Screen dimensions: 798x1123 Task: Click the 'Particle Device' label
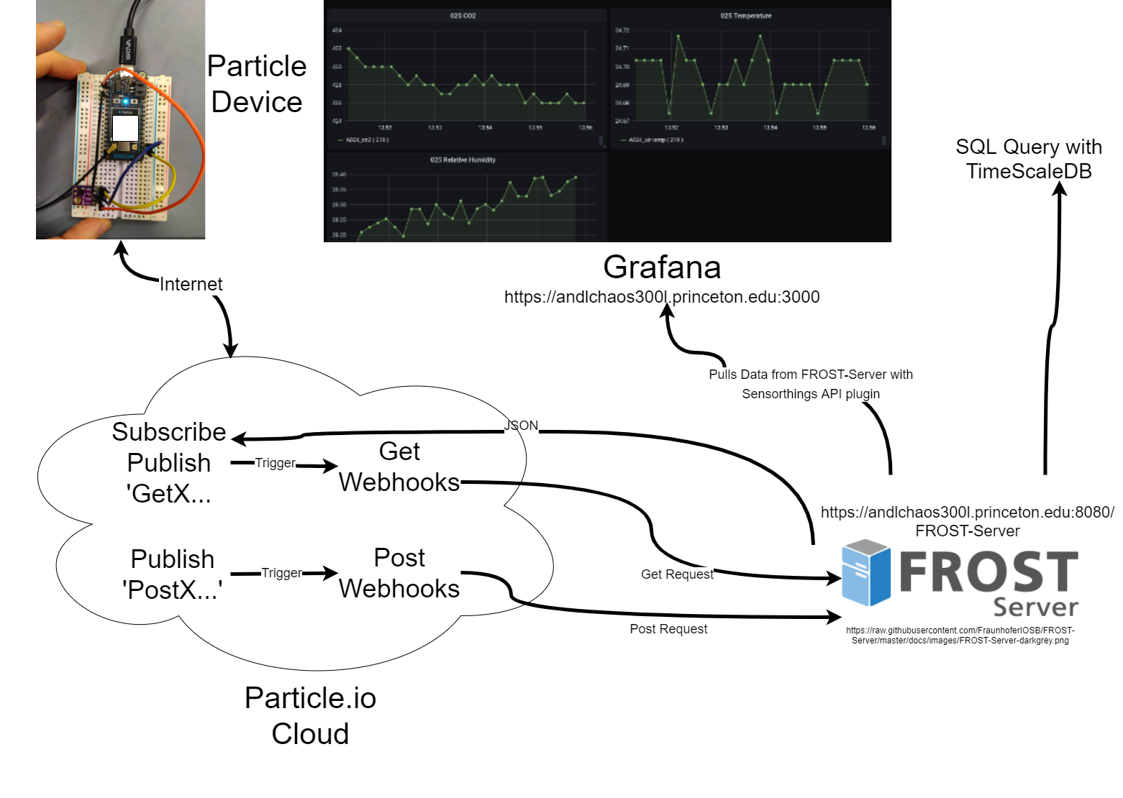(x=257, y=84)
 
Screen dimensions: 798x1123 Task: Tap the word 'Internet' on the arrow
(x=191, y=285)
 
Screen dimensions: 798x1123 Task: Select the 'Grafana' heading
(x=662, y=267)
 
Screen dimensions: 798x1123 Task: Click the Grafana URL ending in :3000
(x=662, y=297)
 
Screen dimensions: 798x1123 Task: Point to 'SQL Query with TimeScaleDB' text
(x=1029, y=159)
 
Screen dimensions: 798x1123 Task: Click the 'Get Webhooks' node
(x=399, y=467)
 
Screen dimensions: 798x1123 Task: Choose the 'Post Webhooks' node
(x=399, y=573)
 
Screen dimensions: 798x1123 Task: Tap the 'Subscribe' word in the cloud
(x=169, y=432)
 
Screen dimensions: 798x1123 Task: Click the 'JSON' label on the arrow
(x=521, y=426)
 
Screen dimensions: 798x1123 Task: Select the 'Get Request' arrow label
(x=677, y=574)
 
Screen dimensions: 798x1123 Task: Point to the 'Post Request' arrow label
(x=668, y=629)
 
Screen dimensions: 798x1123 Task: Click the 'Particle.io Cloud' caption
(x=310, y=715)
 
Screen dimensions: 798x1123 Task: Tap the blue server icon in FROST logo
(x=865, y=573)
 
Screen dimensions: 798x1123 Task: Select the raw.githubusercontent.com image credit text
(x=960, y=636)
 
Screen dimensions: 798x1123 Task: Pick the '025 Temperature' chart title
(x=745, y=16)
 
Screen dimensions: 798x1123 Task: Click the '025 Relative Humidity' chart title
(x=463, y=160)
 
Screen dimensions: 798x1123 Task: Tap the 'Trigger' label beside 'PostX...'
(x=281, y=573)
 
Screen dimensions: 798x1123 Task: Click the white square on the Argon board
(x=125, y=129)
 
